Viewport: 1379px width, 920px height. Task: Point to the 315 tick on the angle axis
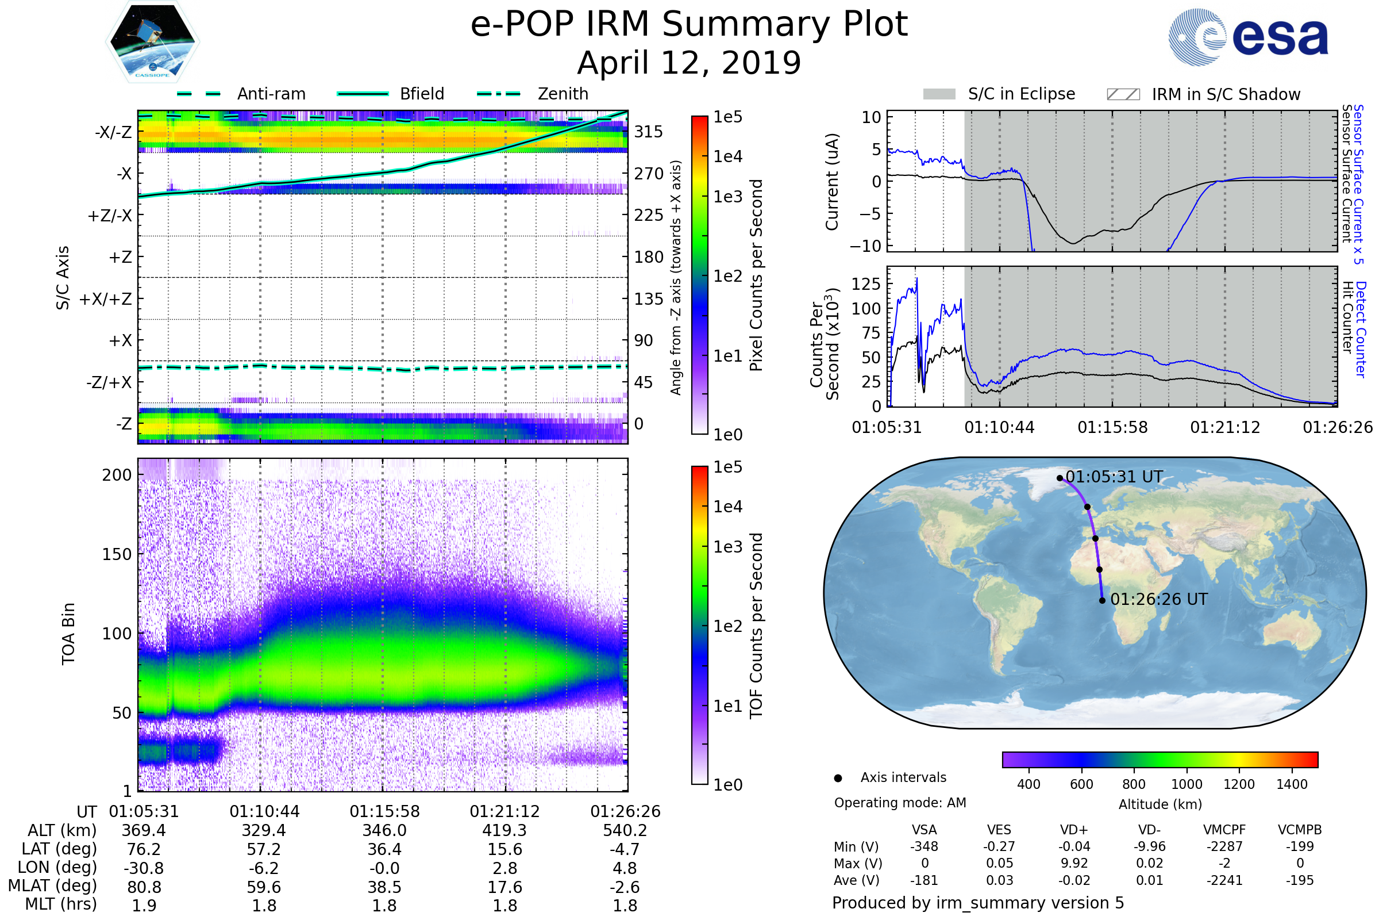click(649, 132)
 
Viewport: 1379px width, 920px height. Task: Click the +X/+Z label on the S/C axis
click(106, 299)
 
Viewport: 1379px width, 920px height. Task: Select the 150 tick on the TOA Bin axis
click(117, 554)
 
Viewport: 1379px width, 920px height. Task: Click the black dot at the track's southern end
click(1102, 600)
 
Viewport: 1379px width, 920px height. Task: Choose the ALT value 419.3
click(505, 830)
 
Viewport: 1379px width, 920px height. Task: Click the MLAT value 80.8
click(144, 887)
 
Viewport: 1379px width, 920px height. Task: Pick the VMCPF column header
click(1224, 830)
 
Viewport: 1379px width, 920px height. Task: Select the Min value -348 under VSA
click(924, 846)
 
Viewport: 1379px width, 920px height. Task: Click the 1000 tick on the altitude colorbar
click(1187, 784)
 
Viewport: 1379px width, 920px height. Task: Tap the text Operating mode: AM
click(900, 803)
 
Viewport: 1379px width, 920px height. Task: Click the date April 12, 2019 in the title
click(689, 63)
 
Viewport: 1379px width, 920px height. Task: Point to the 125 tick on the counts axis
click(866, 284)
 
